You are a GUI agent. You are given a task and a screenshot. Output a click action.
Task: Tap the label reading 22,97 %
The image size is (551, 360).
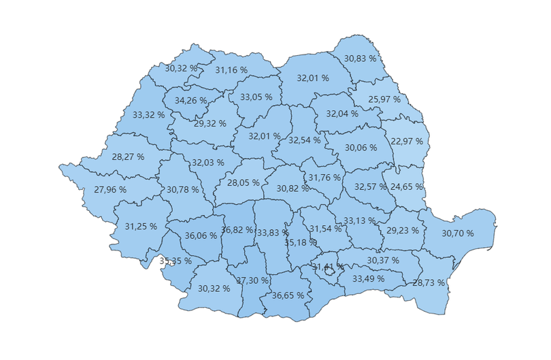407,142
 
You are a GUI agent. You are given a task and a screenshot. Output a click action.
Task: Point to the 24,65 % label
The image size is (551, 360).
407,186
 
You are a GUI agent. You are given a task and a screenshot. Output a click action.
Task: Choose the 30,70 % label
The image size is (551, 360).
458,233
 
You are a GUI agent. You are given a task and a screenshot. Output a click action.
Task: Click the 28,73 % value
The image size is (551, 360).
429,282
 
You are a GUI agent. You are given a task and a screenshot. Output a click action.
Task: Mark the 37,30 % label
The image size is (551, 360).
252,280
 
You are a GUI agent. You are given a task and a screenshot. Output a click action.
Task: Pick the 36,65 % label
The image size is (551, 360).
288,296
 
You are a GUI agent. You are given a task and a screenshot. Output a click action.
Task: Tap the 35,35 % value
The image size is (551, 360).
175,261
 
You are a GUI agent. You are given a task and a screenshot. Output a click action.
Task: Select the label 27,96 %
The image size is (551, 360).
110,190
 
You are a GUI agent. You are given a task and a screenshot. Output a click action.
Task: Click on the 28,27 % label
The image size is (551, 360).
128,157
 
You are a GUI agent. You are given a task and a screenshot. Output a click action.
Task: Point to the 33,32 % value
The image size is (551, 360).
148,115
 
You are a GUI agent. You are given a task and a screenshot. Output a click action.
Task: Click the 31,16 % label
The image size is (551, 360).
231,69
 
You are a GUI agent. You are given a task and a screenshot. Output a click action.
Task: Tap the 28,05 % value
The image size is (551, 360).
244,182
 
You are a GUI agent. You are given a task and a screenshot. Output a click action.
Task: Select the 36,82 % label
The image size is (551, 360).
237,230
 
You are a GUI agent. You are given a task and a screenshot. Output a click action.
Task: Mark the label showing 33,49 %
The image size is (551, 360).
368,278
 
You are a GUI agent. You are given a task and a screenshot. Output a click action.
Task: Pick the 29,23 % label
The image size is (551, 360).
403,231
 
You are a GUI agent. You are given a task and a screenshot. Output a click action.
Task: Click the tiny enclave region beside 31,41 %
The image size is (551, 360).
330,270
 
